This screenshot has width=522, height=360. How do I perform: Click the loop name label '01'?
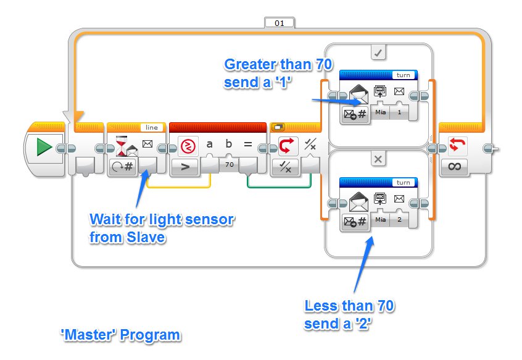tap(280, 23)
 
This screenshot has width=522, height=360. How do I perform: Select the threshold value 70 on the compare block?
tap(228, 165)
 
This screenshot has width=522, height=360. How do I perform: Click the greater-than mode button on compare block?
tap(184, 166)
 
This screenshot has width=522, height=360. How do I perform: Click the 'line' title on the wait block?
tap(150, 127)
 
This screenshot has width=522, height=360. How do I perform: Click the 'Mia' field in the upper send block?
tap(381, 112)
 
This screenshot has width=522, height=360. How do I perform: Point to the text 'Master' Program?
tap(120, 335)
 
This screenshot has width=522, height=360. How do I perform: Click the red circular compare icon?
tap(187, 146)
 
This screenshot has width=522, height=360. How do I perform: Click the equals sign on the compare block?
tap(248, 146)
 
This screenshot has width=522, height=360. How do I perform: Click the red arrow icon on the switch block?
tap(287, 146)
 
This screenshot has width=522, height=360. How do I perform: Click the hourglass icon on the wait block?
tap(122, 145)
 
